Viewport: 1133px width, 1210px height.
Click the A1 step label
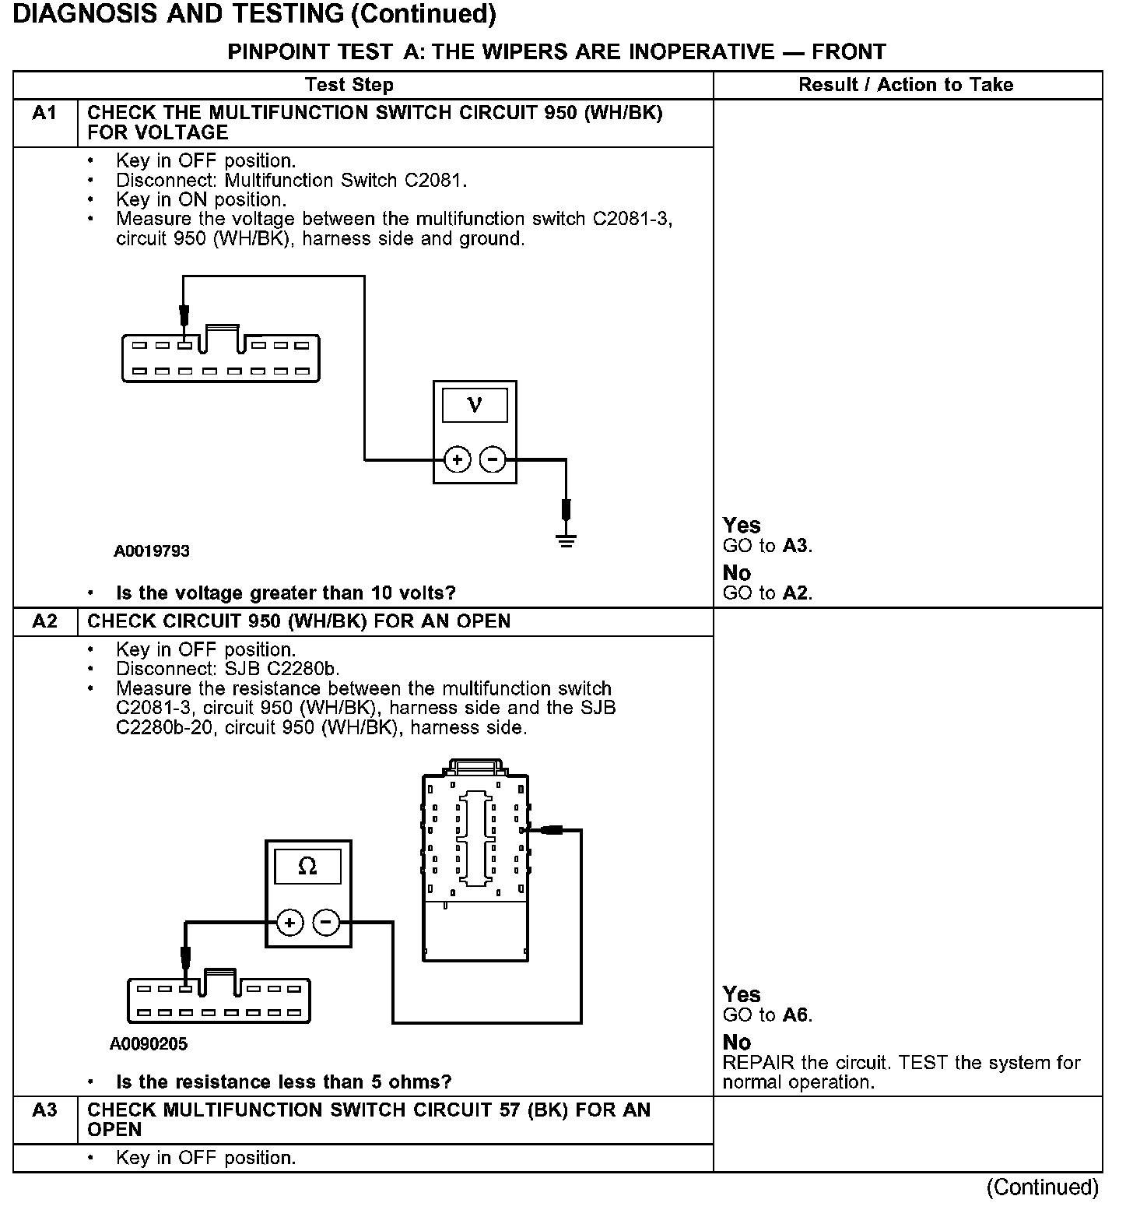click(x=44, y=114)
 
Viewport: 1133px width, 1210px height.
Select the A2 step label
click(x=44, y=621)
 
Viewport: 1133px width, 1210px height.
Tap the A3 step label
click(x=44, y=1110)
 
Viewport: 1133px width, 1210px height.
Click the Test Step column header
click(x=349, y=85)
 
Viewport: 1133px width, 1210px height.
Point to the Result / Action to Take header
click(x=906, y=85)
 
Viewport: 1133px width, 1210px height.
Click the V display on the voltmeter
click(x=474, y=405)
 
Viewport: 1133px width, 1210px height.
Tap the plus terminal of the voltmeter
click(x=457, y=459)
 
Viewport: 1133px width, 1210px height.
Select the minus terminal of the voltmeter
click(x=493, y=459)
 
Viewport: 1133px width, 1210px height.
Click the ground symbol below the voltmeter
click(x=566, y=540)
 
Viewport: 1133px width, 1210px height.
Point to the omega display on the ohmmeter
click(x=307, y=866)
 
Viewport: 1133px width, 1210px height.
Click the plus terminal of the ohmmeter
click(x=289, y=923)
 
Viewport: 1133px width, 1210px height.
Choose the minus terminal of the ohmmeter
click(x=326, y=923)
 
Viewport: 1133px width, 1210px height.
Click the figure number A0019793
click(x=152, y=551)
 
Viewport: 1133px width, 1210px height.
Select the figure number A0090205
click(x=149, y=1044)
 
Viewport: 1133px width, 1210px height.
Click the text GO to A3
click(x=767, y=546)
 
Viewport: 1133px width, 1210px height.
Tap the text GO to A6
click(x=767, y=1015)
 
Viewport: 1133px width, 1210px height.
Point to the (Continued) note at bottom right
click(x=1042, y=1187)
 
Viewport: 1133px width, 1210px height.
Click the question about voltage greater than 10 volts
click(x=286, y=593)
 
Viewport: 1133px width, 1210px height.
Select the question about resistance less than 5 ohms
click(x=283, y=1082)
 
